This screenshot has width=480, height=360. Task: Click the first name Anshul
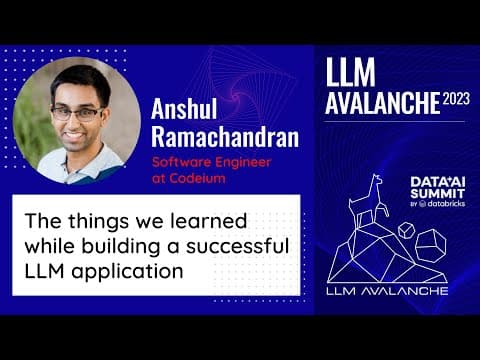click(x=184, y=109)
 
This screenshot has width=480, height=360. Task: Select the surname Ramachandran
click(x=225, y=137)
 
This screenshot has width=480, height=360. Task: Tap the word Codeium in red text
click(x=197, y=178)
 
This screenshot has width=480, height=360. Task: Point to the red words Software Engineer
click(x=211, y=162)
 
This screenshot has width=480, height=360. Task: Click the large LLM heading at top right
click(x=350, y=72)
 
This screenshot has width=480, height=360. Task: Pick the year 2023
click(x=456, y=99)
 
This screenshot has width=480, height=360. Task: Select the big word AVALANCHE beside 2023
click(x=383, y=103)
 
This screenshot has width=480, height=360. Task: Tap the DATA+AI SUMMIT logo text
click(x=438, y=188)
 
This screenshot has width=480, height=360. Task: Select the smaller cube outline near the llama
click(x=406, y=230)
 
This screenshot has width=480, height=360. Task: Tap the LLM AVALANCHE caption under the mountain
click(x=387, y=291)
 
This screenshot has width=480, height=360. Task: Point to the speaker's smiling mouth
click(x=75, y=136)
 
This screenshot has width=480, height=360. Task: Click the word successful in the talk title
click(x=237, y=246)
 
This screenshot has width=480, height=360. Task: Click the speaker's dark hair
click(x=81, y=80)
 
